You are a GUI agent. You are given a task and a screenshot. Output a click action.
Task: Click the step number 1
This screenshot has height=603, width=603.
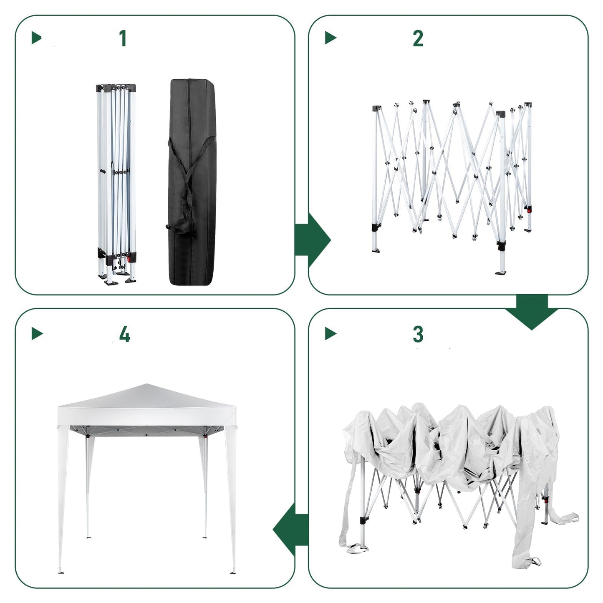pos(123,38)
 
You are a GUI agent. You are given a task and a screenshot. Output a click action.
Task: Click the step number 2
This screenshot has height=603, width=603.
pos(418,38)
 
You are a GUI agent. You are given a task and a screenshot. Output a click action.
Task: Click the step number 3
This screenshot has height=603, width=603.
pos(418,334)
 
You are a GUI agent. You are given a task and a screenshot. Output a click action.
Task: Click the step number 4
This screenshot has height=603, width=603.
pos(124,334)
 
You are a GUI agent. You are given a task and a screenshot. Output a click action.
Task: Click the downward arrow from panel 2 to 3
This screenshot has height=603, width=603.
pos(532,311)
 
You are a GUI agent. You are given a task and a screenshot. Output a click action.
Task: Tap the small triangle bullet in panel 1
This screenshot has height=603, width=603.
pos(37,38)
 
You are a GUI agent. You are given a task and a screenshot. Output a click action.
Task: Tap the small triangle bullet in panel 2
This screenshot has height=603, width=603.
pos(331,38)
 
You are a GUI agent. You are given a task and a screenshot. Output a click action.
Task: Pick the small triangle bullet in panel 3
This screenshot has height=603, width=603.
pos(331,333)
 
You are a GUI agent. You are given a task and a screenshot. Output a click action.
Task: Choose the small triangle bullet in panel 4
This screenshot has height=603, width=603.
pos(37,333)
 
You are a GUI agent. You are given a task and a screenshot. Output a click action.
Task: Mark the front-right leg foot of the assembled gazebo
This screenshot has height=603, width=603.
pos(233,573)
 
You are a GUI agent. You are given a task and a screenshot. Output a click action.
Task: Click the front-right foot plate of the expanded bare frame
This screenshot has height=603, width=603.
pos(501,273)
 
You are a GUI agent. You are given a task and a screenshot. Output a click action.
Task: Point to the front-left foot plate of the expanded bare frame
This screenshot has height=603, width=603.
pos(376,251)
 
